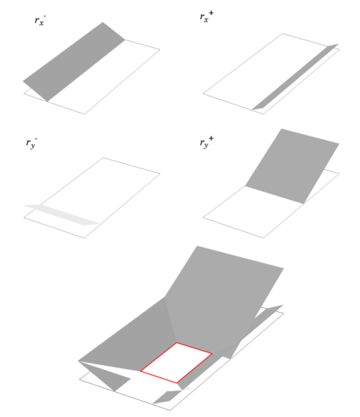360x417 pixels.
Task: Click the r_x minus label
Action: coord(40,20)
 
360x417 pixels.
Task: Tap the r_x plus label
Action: coord(206,16)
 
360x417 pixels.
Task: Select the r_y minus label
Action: coord(31,143)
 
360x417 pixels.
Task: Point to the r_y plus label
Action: coord(206,142)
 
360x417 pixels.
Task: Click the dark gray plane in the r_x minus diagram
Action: coord(74,61)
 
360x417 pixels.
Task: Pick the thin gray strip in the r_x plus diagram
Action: coord(295,77)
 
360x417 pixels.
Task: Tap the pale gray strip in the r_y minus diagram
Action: coord(61,215)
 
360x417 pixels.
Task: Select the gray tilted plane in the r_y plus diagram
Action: coord(292,166)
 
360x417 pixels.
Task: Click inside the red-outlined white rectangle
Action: coord(176,363)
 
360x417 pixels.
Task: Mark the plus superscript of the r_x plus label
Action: coord(211,13)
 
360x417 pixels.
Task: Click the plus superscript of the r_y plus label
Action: coord(211,138)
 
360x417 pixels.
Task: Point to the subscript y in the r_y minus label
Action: coord(33,146)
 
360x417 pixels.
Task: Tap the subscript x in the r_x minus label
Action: coord(41,23)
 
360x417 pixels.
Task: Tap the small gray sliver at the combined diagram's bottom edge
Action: coord(167,397)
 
